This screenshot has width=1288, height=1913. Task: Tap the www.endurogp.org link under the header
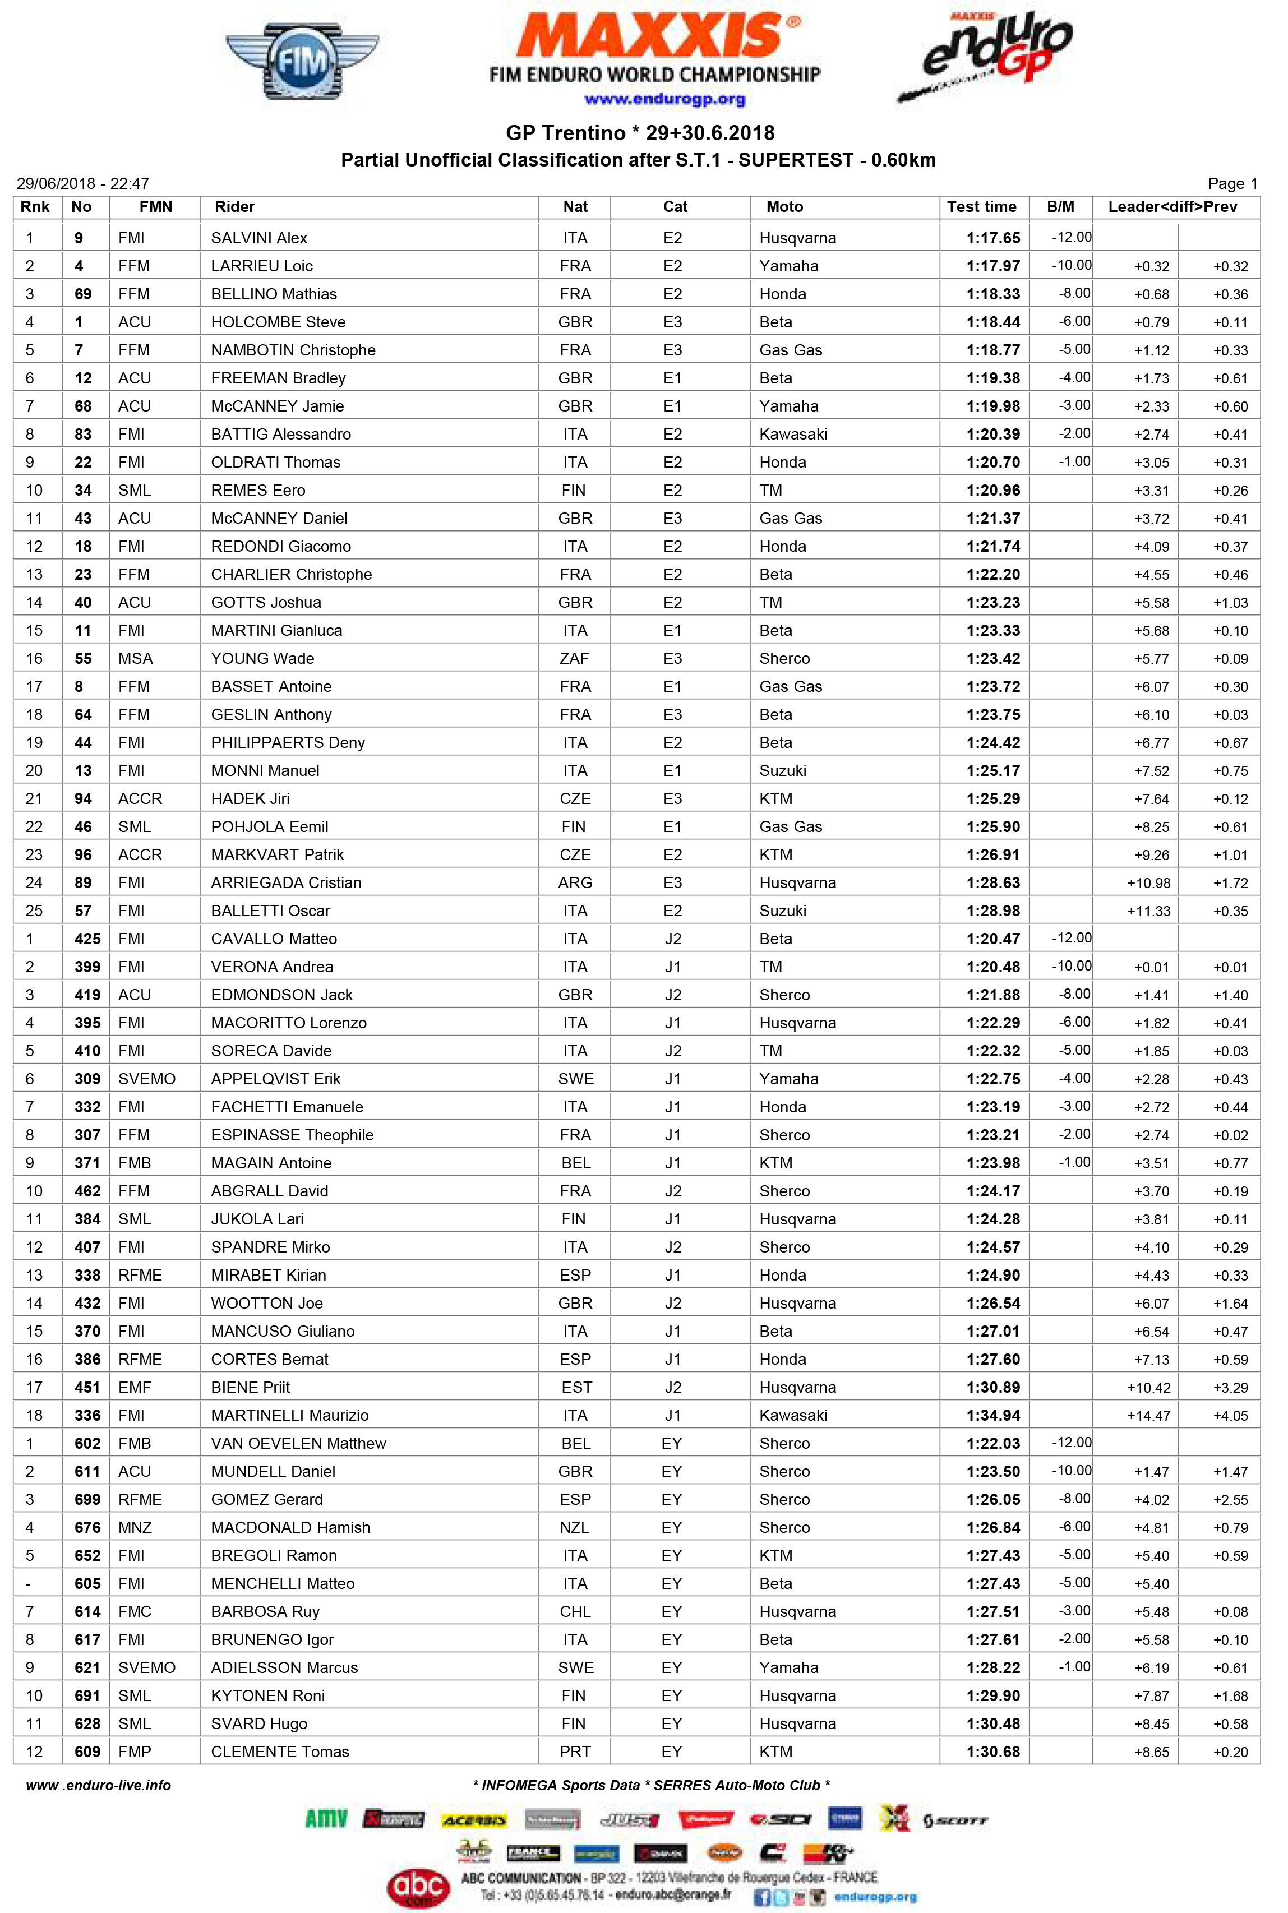[664, 99]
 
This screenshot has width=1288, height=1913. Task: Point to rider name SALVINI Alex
[258, 238]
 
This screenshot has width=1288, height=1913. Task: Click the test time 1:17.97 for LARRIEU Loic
[992, 266]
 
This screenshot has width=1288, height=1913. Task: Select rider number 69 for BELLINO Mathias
[83, 294]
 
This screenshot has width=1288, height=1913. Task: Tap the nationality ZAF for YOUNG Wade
[574, 659]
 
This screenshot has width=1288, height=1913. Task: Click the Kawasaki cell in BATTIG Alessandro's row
[793, 435]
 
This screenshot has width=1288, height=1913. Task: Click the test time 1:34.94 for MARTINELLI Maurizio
[992, 1415]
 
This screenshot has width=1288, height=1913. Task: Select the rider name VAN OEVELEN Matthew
[298, 1443]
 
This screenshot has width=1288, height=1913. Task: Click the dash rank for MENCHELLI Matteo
[30, 1584]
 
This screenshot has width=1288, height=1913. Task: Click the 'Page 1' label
[1231, 184]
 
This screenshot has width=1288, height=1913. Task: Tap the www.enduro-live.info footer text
[99, 1785]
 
